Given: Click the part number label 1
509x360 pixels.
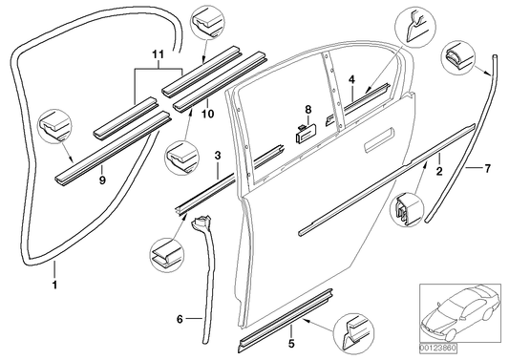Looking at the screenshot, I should click(53, 284).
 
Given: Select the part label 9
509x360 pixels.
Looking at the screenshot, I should click(101, 175).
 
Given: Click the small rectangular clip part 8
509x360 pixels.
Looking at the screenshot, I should click(304, 133).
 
